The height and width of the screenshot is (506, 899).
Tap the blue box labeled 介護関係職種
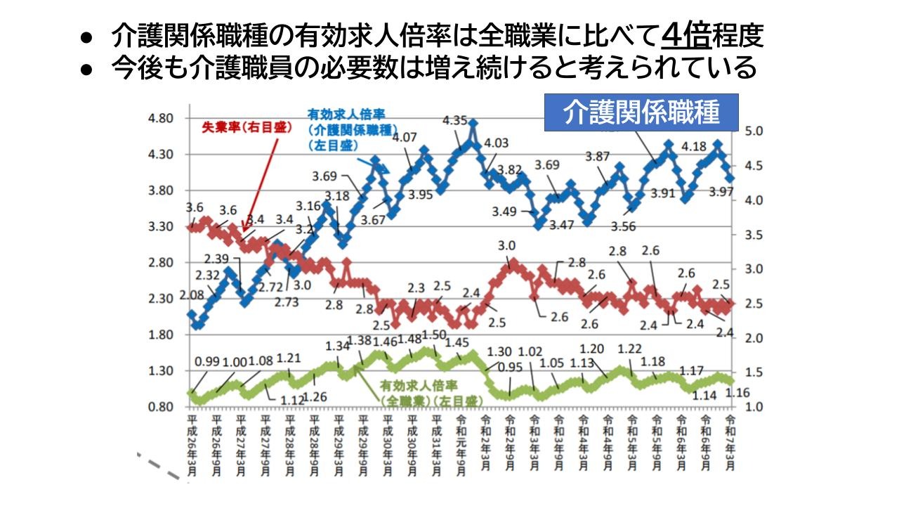[642, 112]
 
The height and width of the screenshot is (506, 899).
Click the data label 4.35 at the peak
[455, 121]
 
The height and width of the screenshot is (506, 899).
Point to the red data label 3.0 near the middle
[506, 246]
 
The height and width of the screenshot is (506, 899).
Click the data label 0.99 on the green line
[207, 362]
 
